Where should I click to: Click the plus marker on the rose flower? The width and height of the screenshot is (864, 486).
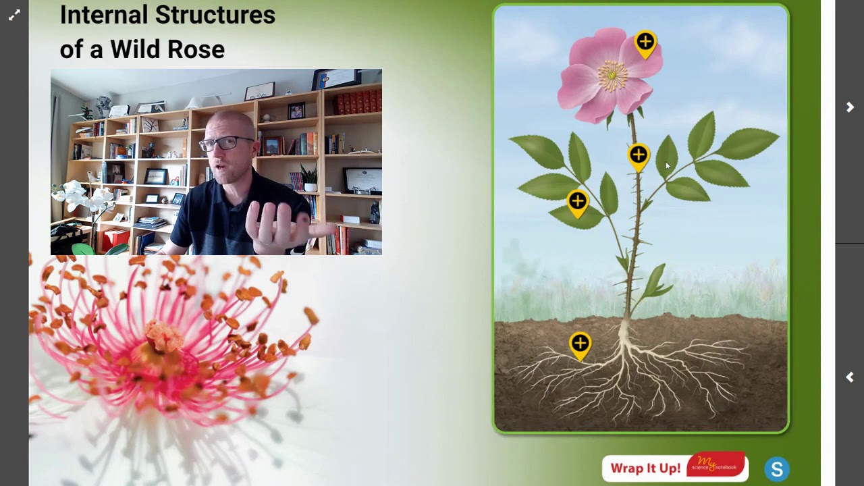645,43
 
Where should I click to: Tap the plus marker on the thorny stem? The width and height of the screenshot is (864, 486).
639,156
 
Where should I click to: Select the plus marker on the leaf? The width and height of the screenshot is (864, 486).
577,201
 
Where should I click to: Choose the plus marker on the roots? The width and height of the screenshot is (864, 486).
580,344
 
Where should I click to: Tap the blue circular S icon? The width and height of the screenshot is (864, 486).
777,469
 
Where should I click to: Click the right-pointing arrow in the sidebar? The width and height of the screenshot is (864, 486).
850,107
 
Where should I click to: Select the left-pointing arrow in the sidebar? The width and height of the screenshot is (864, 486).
850,377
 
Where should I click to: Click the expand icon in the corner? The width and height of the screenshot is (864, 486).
14,15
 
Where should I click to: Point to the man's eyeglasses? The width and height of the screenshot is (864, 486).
226,143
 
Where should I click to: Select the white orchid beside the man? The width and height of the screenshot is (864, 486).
81,199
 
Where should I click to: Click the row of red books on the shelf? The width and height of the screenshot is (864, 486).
358,102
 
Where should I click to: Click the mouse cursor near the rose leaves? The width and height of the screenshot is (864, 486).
667,165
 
